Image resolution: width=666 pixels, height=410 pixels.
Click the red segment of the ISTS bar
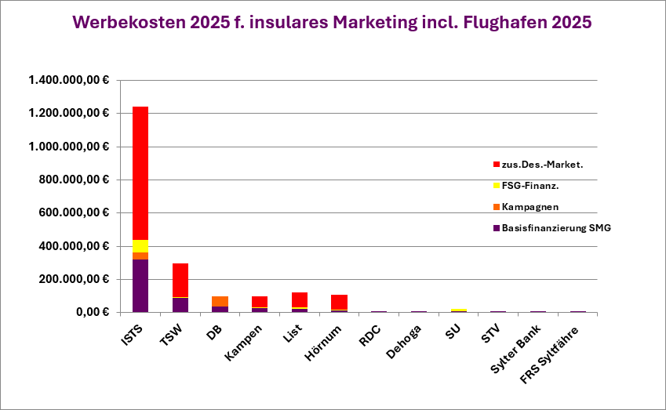140,172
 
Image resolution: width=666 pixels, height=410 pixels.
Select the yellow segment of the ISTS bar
140,246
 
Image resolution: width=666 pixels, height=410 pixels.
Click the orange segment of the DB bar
220,301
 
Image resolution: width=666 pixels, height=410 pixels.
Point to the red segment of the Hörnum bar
339,302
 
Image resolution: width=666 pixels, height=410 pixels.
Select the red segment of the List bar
300,299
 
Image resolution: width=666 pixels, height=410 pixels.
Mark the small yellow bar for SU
458,310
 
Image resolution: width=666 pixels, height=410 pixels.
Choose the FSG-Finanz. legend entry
530,185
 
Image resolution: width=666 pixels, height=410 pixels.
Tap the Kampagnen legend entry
530,206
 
